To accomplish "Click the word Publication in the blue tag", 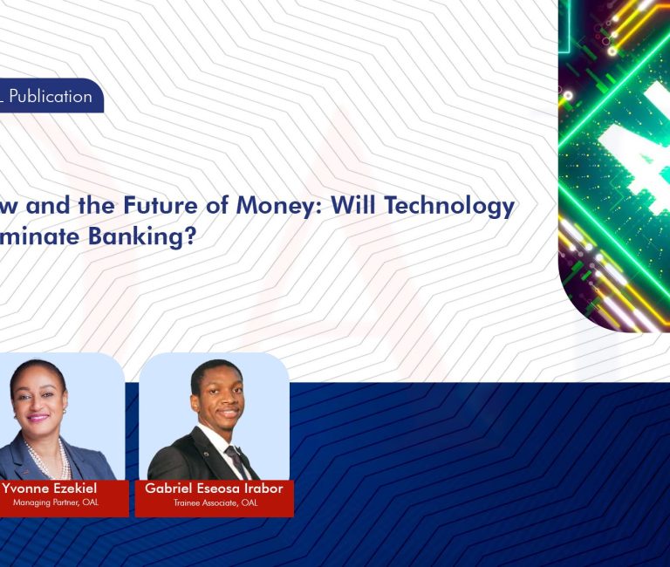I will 51,96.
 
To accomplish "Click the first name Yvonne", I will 28,488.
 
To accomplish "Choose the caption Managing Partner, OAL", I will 55,503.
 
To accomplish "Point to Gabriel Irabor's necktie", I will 234,457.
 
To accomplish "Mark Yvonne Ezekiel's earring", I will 64,409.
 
